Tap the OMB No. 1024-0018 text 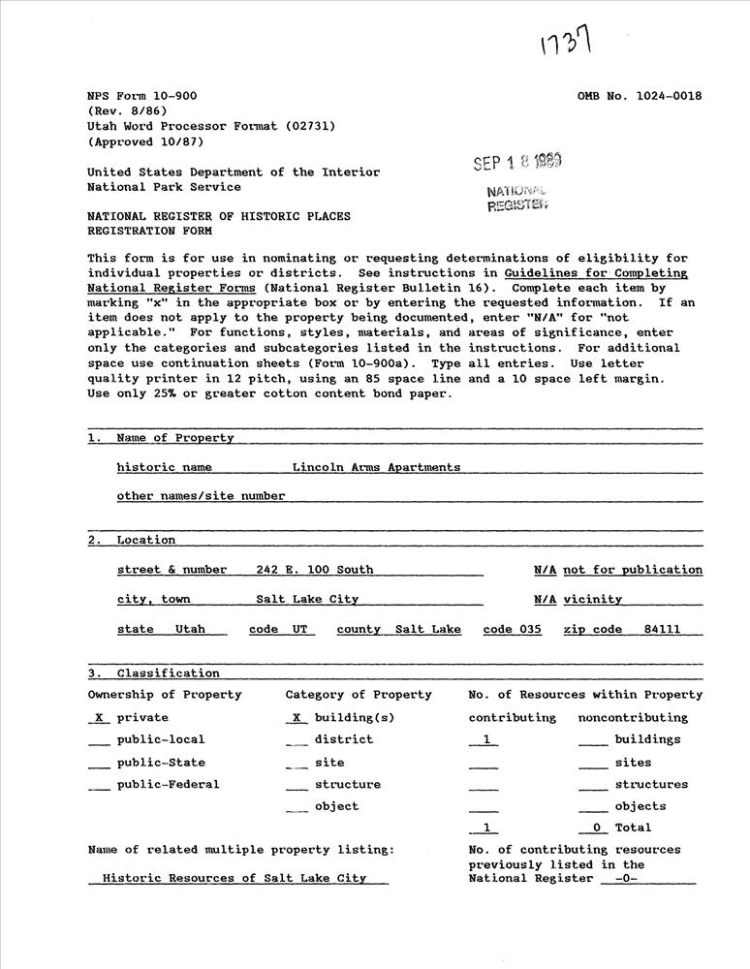point(640,96)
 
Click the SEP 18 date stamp point(516,162)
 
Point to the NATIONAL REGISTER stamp point(517,198)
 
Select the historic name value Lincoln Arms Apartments point(376,467)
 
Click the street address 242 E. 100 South point(314,570)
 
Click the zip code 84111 point(662,630)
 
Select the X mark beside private point(98,718)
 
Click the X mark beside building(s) point(297,718)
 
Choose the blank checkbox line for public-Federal point(99,786)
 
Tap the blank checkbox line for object point(297,808)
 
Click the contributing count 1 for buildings point(484,739)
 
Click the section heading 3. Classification point(153,673)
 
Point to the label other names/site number point(201,496)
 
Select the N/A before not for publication point(545,570)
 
